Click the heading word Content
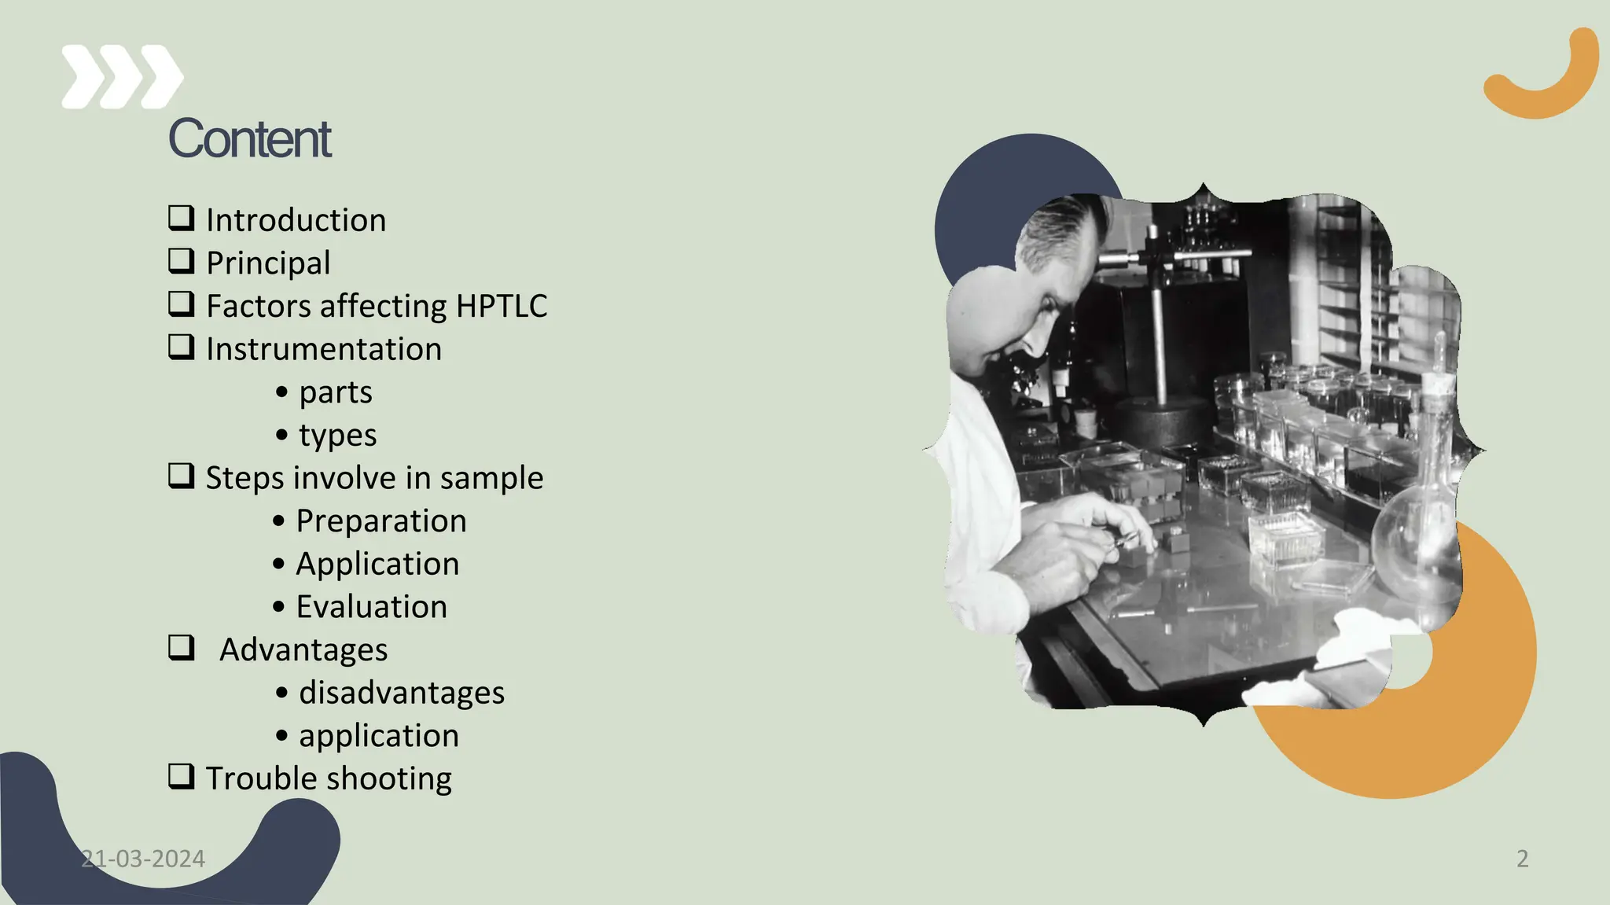click(x=249, y=139)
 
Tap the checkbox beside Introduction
click(x=182, y=218)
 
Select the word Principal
click(x=268, y=263)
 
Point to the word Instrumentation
click(x=324, y=349)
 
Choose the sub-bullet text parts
click(x=336, y=392)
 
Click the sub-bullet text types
click(x=337, y=436)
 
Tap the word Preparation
click(x=381, y=521)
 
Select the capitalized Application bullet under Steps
click(x=377, y=564)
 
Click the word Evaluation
click(x=372, y=607)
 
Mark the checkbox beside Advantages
click(x=182, y=648)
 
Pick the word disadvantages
click(x=402, y=693)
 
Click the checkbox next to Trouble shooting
click(x=182, y=777)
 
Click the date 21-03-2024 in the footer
click(x=143, y=859)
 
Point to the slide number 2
click(x=1523, y=859)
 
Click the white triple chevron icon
click(x=122, y=76)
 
